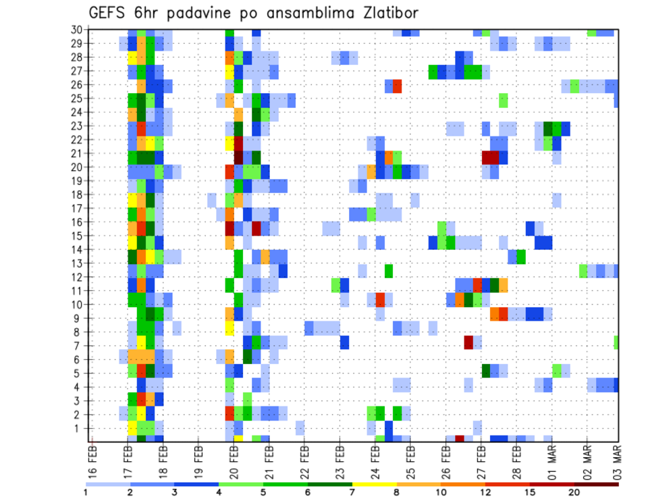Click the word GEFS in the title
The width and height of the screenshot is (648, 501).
tap(111, 13)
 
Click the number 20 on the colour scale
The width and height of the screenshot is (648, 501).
tap(574, 492)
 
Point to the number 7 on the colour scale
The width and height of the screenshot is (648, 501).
tap(352, 492)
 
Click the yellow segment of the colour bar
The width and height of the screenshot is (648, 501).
tap(374, 484)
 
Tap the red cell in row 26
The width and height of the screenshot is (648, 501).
tap(398, 86)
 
